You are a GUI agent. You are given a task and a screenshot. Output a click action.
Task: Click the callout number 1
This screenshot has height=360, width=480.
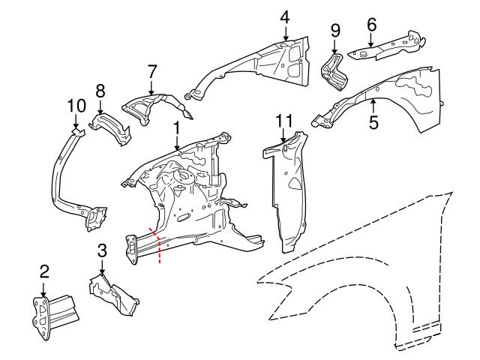click(176, 129)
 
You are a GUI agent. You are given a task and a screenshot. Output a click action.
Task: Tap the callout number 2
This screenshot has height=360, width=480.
click(44, 271)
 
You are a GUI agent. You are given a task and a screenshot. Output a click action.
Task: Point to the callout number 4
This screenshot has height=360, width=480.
click(285, 16)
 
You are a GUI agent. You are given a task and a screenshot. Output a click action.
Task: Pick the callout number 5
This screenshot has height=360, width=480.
click(373, 122)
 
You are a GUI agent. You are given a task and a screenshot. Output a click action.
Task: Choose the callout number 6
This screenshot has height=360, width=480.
click(371, 23)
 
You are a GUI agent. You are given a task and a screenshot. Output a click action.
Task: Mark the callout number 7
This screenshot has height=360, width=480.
click(152, 71)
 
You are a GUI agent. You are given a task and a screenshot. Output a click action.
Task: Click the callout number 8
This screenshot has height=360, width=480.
click(100, 90)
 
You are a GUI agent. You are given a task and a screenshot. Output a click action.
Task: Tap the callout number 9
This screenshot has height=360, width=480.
click(335, 30)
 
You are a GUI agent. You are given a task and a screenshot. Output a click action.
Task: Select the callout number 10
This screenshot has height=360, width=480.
click(76, 105)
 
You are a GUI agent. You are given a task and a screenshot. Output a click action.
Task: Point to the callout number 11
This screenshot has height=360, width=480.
click(283, 120)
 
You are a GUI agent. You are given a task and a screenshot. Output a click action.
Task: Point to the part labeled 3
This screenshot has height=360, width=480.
click(112, 296)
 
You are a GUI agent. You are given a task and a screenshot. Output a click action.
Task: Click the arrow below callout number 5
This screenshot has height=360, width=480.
click(373, 107)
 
